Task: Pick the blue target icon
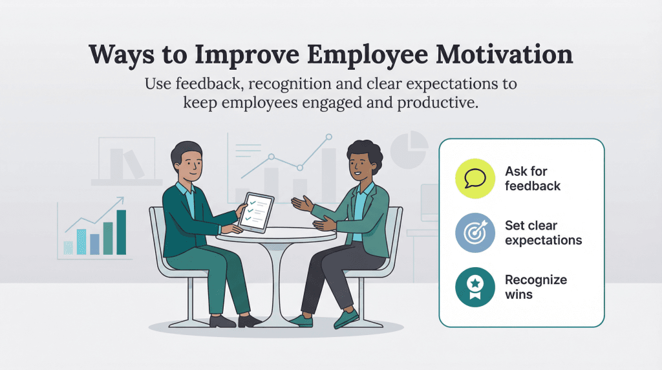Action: (475, 233)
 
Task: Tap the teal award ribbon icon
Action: (475, 287)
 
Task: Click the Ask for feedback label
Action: (533, 178)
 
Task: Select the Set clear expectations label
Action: (543, 233)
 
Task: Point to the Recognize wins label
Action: (535, 287)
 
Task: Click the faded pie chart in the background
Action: (410, 148)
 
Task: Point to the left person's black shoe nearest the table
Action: (249, 321)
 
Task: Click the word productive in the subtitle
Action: (438, 103)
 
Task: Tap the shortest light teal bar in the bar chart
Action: (68, 247)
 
